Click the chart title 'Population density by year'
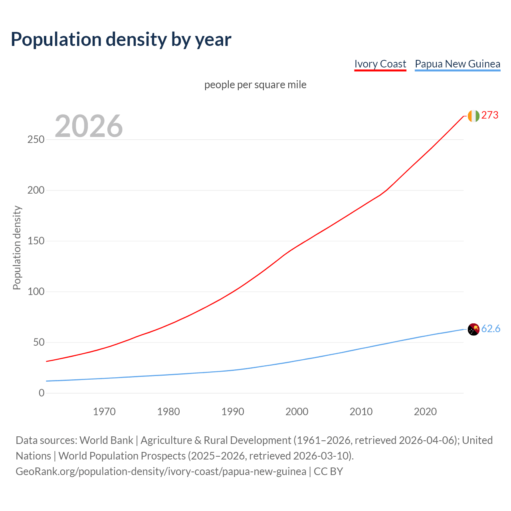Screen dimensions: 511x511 click(x=121, y=39)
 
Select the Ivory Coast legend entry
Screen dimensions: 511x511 click(x=380, y=64)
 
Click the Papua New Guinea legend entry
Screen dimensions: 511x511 click(x=458, y=64)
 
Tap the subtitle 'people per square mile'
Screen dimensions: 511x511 click(x=255, y=85)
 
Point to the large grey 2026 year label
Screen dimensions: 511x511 click(x=89, y=126)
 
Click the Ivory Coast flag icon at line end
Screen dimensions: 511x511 click(x=473, y=116)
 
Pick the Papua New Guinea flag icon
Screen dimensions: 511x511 click(x=473, y=329)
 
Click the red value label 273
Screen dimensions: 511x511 click(x=490, y=115)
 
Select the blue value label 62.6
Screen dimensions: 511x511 click(x=491, y=329)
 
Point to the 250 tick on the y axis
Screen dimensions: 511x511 click(x=36, y=140)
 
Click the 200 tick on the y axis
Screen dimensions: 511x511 click(x=36, y=190)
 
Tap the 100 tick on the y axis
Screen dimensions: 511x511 click(x=36, y=292)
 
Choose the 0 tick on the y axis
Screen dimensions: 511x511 click(x=42, y=393)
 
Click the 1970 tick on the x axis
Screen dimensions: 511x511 click(x=104, y=412)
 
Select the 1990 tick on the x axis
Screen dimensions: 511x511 click(x=233, y=412)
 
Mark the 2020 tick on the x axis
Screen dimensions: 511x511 click(x=425, y=412)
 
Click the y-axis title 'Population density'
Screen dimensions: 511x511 click(x=17, y=248)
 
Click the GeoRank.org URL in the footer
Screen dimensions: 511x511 click(x=161, y=471)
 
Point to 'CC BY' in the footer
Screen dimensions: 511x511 click(x=328, y=471)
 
